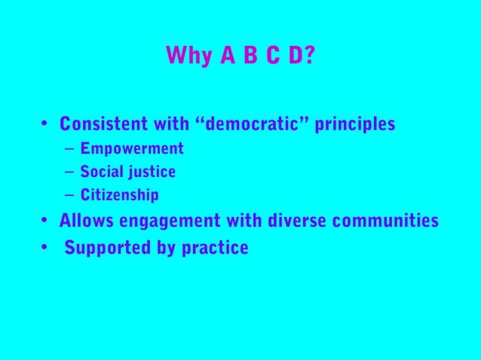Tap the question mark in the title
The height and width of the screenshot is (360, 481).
click(x=309, y=56)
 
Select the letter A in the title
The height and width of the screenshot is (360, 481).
click(x=225, y=56)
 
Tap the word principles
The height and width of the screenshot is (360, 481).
click(x=354, y=124)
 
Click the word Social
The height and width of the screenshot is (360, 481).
click(x=101, y=172)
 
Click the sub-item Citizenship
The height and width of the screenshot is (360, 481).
click(x=120, y=196)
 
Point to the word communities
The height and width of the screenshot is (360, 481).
click(x=385, y=221)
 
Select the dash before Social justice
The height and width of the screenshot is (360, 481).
click(x=69, y=172)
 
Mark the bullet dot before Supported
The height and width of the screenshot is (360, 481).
click(x=45, y=247)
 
